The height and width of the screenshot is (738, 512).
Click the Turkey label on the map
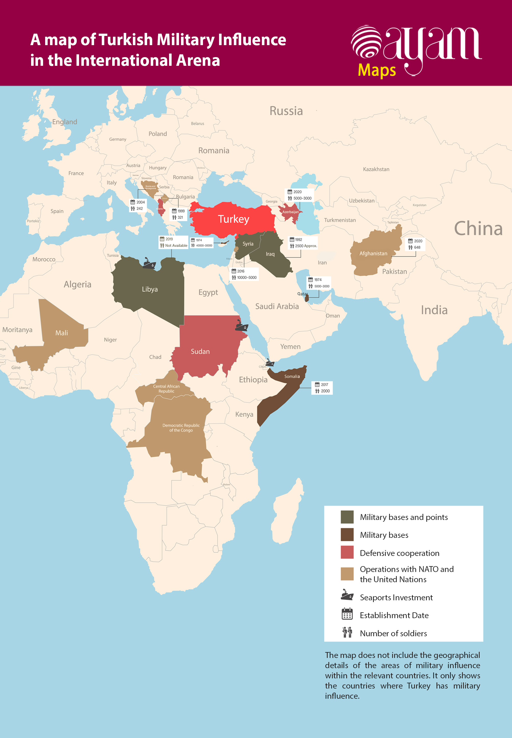click(234, 219)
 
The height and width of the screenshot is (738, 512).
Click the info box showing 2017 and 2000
click(322, 388)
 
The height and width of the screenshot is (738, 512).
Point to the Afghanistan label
click(373, 253)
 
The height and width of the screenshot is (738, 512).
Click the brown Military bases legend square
click(347, 535)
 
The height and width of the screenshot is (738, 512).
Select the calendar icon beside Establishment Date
click(347, 614)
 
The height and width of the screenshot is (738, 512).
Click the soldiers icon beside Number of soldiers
click(347, 632)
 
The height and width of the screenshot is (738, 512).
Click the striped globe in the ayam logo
click(367, 42)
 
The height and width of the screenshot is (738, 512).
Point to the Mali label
click(62, 333)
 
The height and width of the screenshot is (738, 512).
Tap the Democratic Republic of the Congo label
click(181, 428)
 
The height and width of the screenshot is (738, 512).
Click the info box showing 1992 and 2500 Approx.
click(303, 243)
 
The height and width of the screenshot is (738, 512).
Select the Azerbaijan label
click(290, 212)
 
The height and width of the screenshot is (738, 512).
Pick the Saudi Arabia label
click(277, 307)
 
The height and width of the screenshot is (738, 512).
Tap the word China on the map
click(478, 229)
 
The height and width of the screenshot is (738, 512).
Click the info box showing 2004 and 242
click(138, 205)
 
